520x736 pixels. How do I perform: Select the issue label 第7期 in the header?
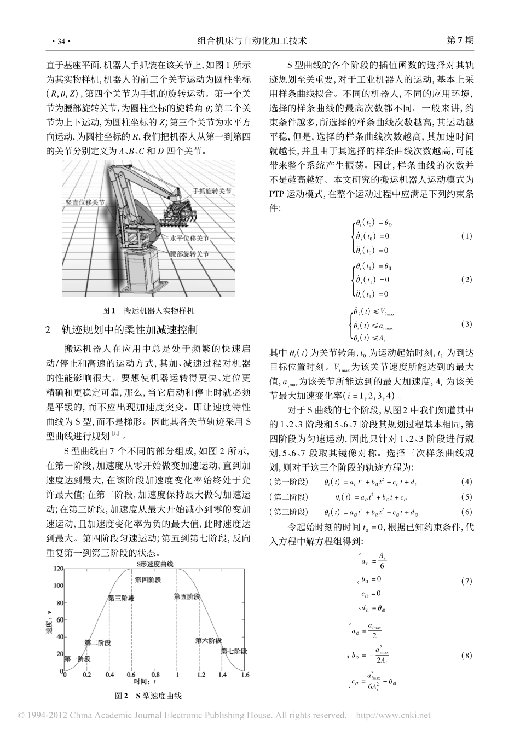click(x=460, y=41)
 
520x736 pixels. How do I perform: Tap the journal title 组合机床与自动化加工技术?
click(x=259, y=41)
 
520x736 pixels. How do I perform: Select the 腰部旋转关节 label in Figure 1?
click(x=189, y=254)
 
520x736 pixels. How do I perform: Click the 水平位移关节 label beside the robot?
click(x=189, y=239)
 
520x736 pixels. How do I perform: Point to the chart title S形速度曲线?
click(x=155, y=564)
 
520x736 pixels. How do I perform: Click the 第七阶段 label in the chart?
click(x=234, y=651)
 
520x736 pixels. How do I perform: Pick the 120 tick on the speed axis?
click(x=58, y=569)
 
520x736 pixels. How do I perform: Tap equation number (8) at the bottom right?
click(x=466, y=655)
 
